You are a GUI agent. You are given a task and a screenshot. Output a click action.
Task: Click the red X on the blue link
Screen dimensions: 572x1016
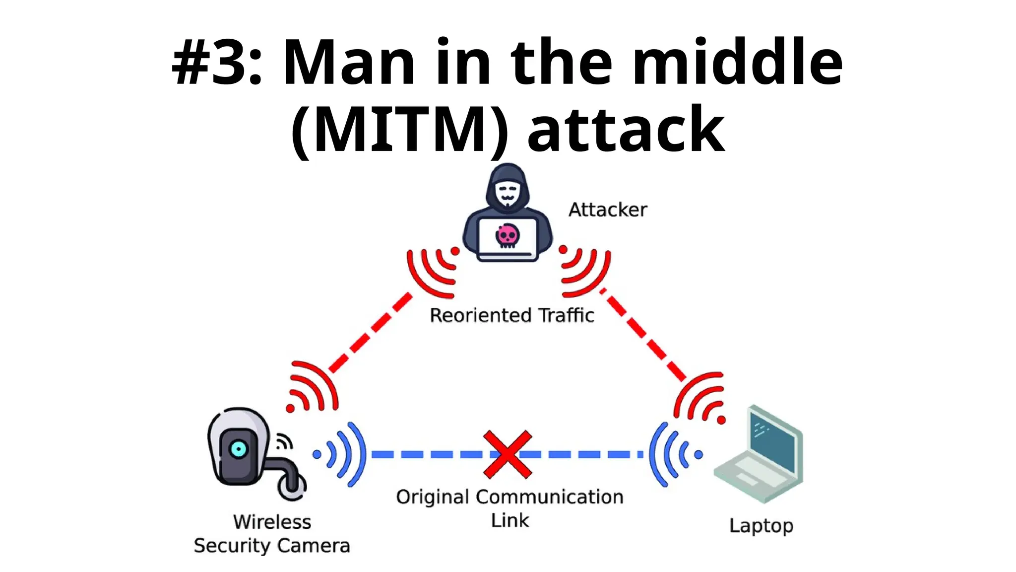click(508, 454)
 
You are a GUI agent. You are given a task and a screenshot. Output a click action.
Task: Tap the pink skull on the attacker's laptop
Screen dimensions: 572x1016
click(508, 235)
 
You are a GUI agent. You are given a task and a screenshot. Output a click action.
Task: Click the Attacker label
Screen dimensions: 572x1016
click(607, 210)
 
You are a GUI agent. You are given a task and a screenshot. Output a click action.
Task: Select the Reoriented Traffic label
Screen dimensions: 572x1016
click(511, 315)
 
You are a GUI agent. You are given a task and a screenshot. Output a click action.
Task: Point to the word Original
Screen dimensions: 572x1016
click(432, 497)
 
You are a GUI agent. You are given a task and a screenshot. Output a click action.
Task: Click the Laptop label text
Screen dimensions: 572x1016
click(761, 526)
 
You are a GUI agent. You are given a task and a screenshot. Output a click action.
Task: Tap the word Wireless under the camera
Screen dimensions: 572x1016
click(272, 522)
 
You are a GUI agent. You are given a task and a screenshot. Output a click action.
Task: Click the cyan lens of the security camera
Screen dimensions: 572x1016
click(239, 449)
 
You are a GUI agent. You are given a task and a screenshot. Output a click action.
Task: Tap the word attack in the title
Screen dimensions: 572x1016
click(626, 130)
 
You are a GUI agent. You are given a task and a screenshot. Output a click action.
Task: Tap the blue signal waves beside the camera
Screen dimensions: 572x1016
click(342, 454)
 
